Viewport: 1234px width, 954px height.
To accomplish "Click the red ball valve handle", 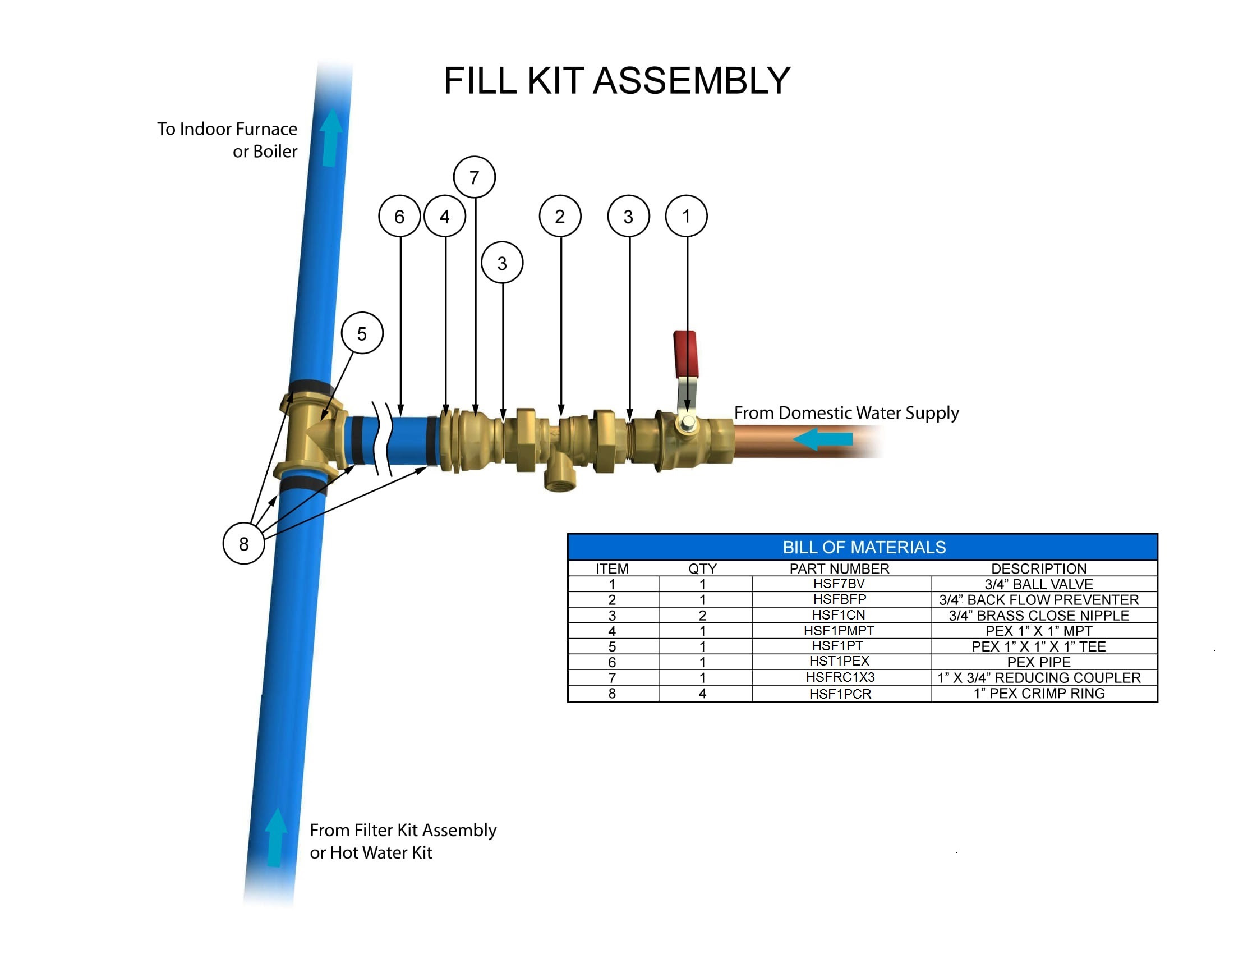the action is (x=685, y=354).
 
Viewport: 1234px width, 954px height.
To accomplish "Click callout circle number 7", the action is (x=475, y=177).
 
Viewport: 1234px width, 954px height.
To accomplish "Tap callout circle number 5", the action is (x=362, y=333).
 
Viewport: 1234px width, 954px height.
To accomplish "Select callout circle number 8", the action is (x=243, y=543).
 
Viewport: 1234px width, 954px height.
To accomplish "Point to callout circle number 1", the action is (x=687, y=216).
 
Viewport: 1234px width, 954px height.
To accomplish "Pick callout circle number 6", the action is (x=399, y=216).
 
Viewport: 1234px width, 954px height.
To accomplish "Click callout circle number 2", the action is (x=560, y=216).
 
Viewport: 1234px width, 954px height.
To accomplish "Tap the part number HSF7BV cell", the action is (x=839, y=583).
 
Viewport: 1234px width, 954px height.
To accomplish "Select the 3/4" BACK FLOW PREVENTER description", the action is (x=1039, y=599).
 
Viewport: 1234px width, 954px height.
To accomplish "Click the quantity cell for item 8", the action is (x=702, y=694).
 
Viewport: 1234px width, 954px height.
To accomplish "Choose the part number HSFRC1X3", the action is (x=840, y=677).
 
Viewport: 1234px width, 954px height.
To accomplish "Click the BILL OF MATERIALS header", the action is (x=864, y=547).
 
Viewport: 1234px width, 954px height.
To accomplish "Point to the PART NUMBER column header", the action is (x=840, y=568).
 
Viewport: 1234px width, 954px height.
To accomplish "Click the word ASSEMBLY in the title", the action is (x=692, y=80).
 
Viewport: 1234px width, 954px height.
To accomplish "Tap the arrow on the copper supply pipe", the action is (x=823, y=439).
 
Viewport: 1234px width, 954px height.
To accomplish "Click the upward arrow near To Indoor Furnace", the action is (x=331, y=137).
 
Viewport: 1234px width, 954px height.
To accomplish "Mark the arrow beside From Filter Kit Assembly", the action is (x=276, y=837).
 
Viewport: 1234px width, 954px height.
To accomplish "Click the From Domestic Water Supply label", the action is (x=846, y=413).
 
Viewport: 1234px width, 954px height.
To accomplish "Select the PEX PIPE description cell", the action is (x=1038, y=662).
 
